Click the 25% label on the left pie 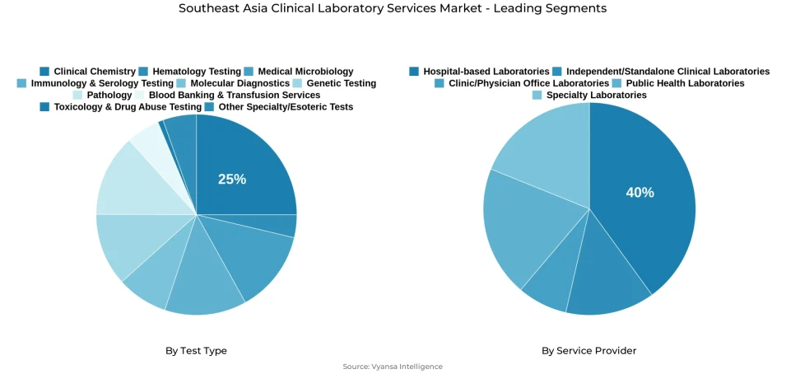coord(231,179)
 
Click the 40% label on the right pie coord(639,192)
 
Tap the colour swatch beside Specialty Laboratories coord(537,95)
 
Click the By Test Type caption coord(196,350)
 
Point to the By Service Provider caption coord(588,350)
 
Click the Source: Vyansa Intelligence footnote coord(393,367)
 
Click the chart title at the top coord(393,8)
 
